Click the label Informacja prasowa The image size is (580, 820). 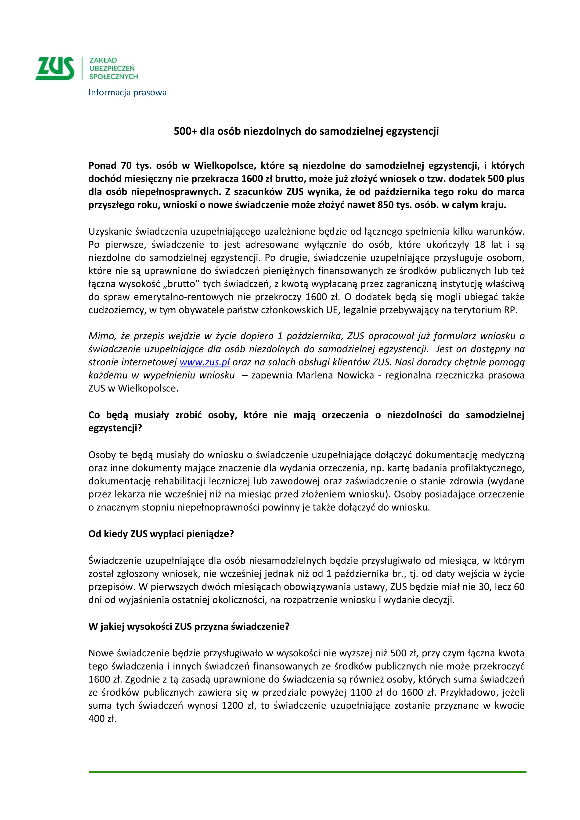pos(127,93)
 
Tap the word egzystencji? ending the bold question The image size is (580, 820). pos(115,428)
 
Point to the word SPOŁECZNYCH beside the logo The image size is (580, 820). pos(114,76)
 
